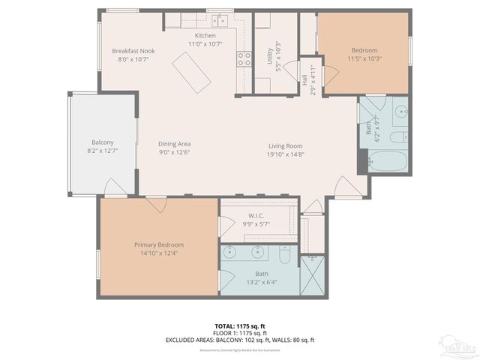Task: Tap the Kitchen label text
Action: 205,36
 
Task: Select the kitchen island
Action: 191,73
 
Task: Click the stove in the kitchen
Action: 244,59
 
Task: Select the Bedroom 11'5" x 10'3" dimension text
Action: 364,58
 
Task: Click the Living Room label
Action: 286,146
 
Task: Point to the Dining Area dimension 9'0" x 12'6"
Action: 174,153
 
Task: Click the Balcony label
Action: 103,142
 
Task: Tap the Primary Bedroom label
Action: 159,244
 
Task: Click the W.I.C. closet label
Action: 256,215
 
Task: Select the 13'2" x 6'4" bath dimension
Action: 261,283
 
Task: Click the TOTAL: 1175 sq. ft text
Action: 239,325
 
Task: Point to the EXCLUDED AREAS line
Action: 239,340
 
